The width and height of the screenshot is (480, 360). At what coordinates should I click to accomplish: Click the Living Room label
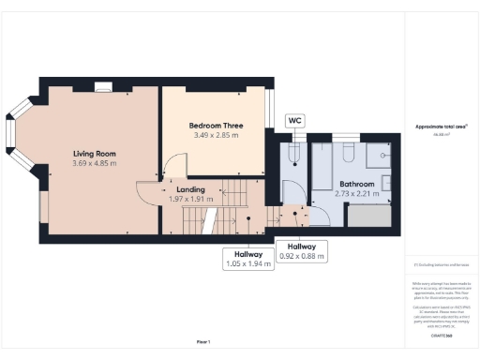pyautogui.click(x=93, y=153)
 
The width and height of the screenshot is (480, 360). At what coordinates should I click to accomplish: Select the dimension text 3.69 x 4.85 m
pyautogui.click(x=93, y=164)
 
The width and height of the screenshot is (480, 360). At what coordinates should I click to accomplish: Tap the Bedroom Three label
pyautogui.click(x=215, y=125)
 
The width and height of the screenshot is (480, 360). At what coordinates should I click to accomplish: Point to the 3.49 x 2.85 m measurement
pyautogui.click(x=215, y=136)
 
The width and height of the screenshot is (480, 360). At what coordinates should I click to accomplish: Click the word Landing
pyautogui.click(x=190, y=188)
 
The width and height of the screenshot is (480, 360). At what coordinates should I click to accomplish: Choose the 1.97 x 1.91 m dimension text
pyautogui.click(x=190, y=199)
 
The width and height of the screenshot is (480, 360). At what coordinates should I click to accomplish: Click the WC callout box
pyautogui.click(x=294, y=121)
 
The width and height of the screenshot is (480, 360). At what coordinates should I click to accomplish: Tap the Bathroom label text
pyautogui.click(x=357, y=184)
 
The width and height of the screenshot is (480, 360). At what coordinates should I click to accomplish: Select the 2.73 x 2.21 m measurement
pyautogui.click(x=357, y=194)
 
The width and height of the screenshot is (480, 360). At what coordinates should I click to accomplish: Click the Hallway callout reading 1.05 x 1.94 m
pyautogui.click(x=248, y=259)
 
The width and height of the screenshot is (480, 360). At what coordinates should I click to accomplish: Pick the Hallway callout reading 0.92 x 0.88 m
pyautogui.click(x=301, y=250)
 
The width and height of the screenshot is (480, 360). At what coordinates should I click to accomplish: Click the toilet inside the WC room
pyautogui.click(x=293, y=151)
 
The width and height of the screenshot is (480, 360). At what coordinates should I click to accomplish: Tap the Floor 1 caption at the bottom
pyautogui.click(x=203, y=341)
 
